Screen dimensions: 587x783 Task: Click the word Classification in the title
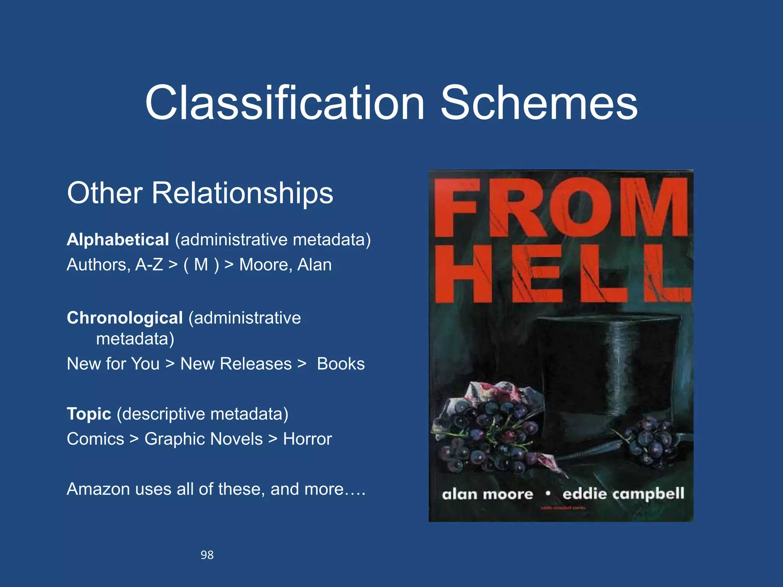[x=284, y=103]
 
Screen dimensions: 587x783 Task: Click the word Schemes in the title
[x=539, y=103]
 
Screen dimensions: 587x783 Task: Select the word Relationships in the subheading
[x=242, y=193]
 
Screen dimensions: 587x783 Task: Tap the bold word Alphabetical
[x=118, y=240]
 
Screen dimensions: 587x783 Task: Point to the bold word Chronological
[x=125, y=318]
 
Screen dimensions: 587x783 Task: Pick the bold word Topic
[x=89, y=414]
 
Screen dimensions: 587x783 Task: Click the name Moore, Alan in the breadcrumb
[x=285, y=265]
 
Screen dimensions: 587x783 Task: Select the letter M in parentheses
[x=201, y=265]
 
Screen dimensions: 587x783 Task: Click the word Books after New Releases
[x=341, y=364]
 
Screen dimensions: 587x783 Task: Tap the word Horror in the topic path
[x=307, y=439]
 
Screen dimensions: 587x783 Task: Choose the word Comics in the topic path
[x=95, y=439]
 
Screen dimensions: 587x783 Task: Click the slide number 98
[x=207, y=555]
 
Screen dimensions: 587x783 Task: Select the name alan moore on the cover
[x=487, y=495]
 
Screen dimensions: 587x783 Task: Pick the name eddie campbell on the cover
[x=623, y=494]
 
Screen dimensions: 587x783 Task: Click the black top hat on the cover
[x=604, y=367]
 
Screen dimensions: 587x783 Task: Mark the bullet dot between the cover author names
[x=548, y=494]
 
